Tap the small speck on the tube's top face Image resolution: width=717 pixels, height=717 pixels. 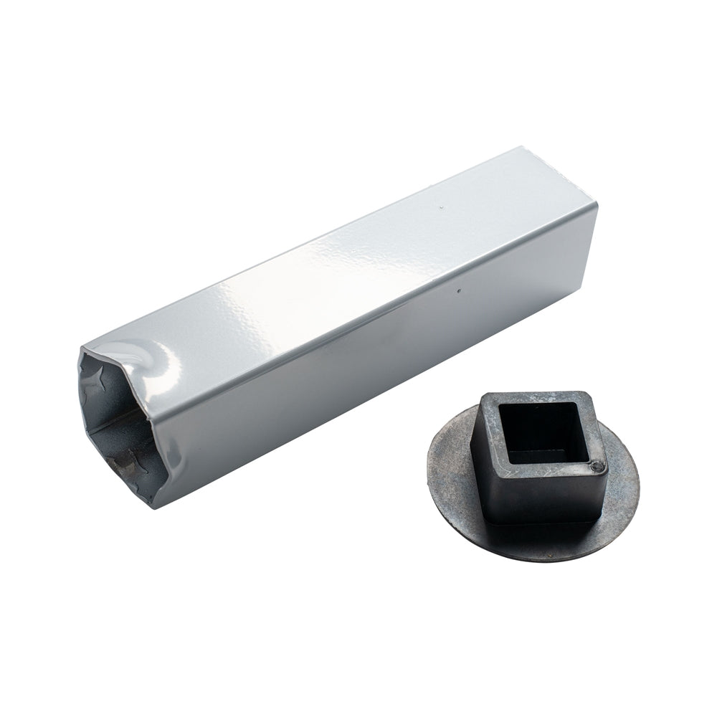[440, 207]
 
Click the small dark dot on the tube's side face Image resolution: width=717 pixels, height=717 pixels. [458, 292]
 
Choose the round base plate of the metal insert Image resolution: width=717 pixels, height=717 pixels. [459, 502]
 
